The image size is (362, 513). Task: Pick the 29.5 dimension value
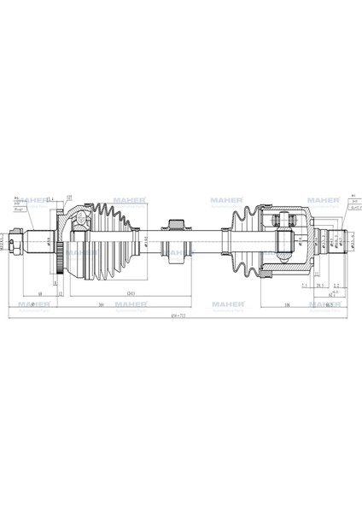click(318, 286)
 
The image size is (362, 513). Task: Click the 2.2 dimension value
click(337, 286)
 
